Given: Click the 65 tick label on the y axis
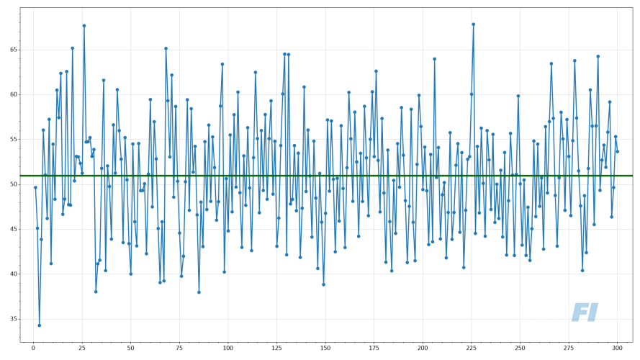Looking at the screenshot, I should point(12,50).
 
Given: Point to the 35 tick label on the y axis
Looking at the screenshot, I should point(12,319).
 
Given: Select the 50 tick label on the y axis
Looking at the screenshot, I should point(12,184).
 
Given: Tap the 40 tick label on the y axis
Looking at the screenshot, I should point(12,274).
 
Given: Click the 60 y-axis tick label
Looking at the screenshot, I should point(12,94).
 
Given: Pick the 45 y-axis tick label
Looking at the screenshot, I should point(12,229).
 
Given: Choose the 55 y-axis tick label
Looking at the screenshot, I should point(12,140).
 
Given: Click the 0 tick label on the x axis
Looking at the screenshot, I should point(33,348).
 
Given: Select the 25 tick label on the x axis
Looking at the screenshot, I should point(82,348).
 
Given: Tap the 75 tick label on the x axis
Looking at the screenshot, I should point(179,348).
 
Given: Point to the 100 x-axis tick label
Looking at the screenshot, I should point(228,348).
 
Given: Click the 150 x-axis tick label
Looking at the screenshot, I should point(325,348).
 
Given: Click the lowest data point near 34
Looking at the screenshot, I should point(40,325).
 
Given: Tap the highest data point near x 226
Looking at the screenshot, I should point(473,24).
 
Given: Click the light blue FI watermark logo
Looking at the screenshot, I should point(585,312).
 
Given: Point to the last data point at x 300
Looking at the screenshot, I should point(617,151).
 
